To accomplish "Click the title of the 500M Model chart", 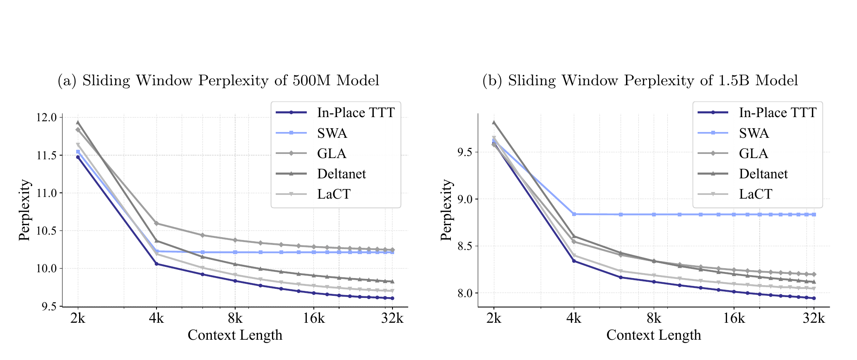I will [218, 81].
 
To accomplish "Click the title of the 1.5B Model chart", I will [640, 81].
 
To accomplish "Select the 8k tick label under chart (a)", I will [235, 319].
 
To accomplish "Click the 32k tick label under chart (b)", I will [814, 319].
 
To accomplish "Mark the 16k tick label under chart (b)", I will [734, 319].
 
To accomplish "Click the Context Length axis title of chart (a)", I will [235, 335].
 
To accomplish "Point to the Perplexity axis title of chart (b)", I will [446, 210].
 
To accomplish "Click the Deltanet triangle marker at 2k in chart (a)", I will [78, 122].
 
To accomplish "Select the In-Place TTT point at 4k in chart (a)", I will [156, 264].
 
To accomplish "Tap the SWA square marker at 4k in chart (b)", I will [574, 214].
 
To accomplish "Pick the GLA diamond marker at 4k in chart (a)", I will [156, 223].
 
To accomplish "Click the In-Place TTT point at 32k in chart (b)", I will [814, 298].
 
